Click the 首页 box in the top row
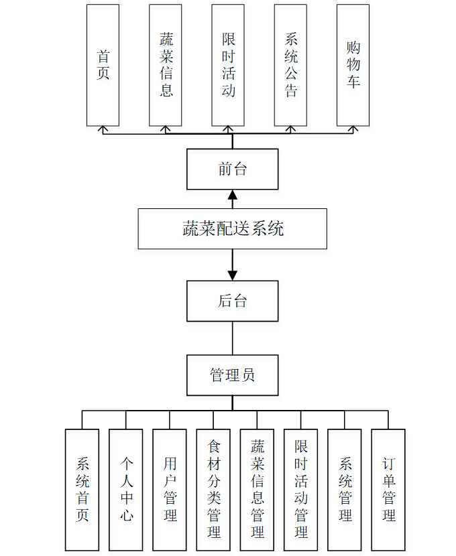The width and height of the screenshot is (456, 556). pos(103,65)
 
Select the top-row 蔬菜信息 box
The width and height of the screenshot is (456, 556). pos(166,65)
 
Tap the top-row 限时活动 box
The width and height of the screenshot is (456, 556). pos(228,65)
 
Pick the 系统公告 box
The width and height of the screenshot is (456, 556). pos(290,65)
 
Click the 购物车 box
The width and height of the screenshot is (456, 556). pos(353,65)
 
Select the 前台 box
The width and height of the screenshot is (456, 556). pos(233,169)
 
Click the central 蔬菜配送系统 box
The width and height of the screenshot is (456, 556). pos(233,228)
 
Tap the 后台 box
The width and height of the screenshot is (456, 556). pos(233,301)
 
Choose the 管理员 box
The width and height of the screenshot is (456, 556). pos(233,374)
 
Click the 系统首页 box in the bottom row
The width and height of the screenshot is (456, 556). pos(82,489)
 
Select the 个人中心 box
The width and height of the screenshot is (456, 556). pos(126,489)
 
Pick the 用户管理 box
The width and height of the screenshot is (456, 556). pos(170,489)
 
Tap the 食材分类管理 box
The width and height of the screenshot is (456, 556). pos(213,489)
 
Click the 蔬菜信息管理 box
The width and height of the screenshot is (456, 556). pos(257,489)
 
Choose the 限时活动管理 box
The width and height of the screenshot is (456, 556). pos(301,489)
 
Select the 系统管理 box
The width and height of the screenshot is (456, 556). pos(345,489)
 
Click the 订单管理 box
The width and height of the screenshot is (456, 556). pos(388,489)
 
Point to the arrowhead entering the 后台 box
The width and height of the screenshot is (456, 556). pos(233,275)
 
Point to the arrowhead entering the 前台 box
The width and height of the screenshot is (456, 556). pos(233,195)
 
